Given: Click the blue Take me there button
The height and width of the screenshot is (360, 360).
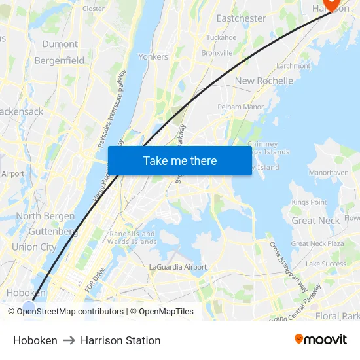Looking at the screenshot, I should click(179, 160).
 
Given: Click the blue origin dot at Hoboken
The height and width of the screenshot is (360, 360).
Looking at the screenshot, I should click(29, 306).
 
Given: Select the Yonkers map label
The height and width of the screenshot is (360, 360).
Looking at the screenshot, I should click(153, 57).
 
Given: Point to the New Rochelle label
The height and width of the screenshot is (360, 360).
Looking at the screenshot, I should click(264, 81).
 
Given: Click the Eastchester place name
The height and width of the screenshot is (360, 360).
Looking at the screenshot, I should click(241, 18).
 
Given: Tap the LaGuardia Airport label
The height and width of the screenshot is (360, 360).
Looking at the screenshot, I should click(178, 267).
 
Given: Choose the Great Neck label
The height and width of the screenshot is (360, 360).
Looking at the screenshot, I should click(315, 221).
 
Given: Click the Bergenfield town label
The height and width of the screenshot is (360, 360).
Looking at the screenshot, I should click(60, 60).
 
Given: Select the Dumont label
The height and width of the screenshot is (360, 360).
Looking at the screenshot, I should click(60, 44).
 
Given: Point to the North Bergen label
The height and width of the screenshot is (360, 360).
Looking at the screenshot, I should click(46, 216).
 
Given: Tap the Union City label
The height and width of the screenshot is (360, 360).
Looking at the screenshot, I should click(34, 247).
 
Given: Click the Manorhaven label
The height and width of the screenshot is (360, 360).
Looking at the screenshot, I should click(329, 173).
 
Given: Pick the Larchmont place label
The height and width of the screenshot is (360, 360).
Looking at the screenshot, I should click(293, 66).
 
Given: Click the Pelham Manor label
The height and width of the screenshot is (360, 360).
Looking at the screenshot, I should click(240, 106).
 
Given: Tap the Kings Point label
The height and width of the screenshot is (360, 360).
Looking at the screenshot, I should click(309, 203).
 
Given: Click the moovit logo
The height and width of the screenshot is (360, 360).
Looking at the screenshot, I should click(321, 340).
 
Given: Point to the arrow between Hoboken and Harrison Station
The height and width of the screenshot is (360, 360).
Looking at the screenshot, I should click(69, 340).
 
